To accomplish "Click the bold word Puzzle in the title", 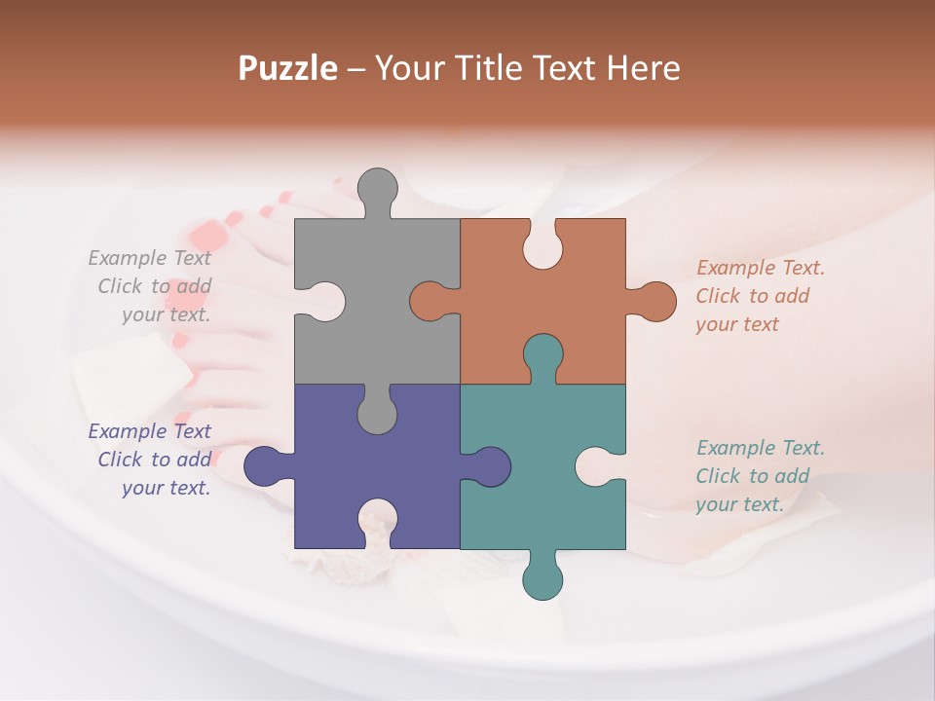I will click(288, 68).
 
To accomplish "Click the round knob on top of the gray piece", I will click(377, 190).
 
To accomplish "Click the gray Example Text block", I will click(150, 286).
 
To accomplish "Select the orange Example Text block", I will click(760, 296).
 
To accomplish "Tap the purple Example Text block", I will click(150, 460).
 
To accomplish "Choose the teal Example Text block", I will click(760, 476).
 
